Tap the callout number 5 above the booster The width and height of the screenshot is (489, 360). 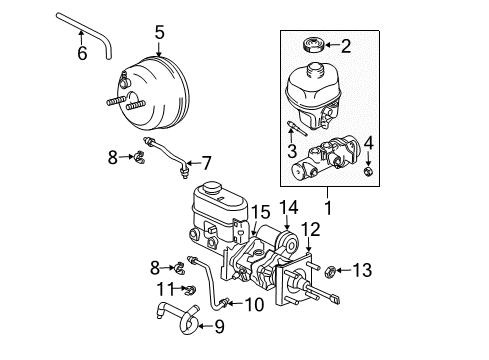point(158,32)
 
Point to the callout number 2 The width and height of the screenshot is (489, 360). point(346,45)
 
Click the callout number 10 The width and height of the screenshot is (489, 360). point(254,304)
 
